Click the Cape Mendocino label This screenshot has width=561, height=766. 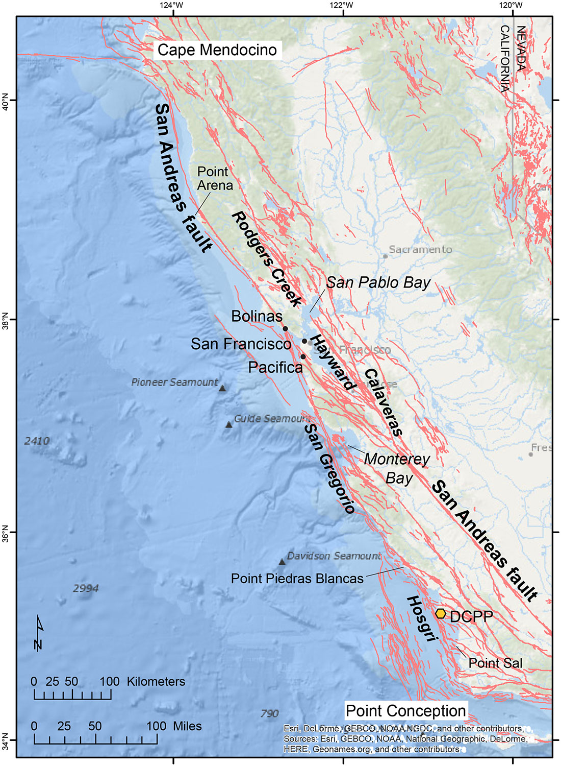[217, 50]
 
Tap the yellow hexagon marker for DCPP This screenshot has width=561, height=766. [441, 613]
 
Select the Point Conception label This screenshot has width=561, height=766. [405, 710]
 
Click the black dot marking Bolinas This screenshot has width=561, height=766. [286, 329]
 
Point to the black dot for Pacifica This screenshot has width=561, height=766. [303, 356]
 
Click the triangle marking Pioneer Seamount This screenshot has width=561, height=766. [222, 389]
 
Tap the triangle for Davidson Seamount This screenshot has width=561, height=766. [282, 562]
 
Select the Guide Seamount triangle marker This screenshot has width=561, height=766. [229, 424]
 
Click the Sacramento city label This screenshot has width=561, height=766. [420, 249]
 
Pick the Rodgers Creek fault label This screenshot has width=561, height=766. [267, 259]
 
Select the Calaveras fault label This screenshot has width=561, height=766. [384, 402]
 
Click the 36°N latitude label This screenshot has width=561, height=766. [6, 532]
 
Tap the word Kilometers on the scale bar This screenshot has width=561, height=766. [156, 681]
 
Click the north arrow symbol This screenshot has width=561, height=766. [38, 633]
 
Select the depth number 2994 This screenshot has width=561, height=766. [86, 588]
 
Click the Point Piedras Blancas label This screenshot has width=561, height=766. [297, 579]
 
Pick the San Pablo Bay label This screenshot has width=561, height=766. [378, 282]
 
